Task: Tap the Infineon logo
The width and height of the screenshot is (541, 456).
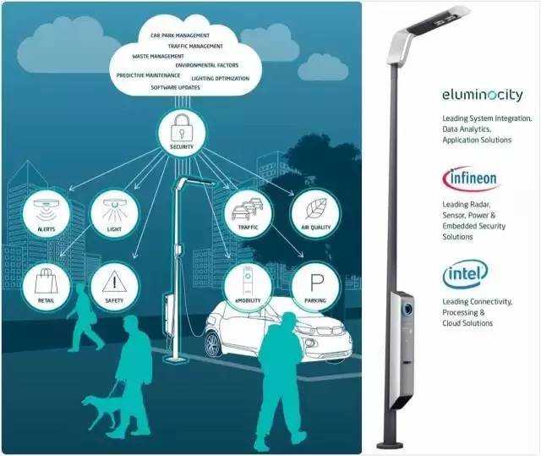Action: point(470,179)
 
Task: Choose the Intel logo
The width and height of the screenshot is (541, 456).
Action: point(465,273)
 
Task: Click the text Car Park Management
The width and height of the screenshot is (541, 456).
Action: point(178,36)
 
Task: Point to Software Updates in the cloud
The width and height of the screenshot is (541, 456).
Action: point(175,87)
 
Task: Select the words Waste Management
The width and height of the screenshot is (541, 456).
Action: point(159,56)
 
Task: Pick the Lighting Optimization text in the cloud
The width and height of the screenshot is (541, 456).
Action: point(221,78)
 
